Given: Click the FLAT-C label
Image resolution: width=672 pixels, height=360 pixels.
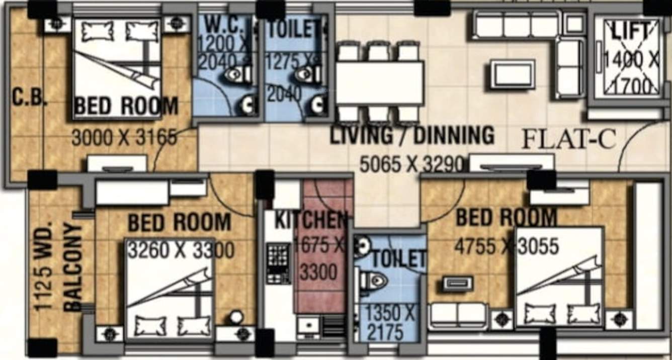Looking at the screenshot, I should click(x=568, y=139).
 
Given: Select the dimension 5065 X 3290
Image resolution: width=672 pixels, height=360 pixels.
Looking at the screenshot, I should click(x=411, y=163).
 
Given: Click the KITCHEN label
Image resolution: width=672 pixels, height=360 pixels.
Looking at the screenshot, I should click(x=310, y=220).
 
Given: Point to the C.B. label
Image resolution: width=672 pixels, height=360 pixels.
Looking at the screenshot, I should click(x=29, y=97).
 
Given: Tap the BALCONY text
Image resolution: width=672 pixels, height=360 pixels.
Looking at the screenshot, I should click(x=73, y=267).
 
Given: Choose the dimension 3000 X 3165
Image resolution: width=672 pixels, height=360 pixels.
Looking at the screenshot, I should click(x=124, y=137).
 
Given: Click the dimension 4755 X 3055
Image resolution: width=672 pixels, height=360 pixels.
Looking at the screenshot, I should click(x=506, y=246).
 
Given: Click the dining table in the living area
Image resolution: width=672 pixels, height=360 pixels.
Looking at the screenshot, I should click(x=380, y=83).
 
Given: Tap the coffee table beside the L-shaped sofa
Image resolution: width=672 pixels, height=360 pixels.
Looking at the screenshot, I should click(x=512, y=74).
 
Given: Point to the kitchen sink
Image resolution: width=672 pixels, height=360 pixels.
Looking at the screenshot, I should click(x=308, y=326).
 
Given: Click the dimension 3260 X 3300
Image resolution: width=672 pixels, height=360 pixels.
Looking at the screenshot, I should click(x=180, y=249).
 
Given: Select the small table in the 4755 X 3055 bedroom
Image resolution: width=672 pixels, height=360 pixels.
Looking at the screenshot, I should click(x=458, y=284).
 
